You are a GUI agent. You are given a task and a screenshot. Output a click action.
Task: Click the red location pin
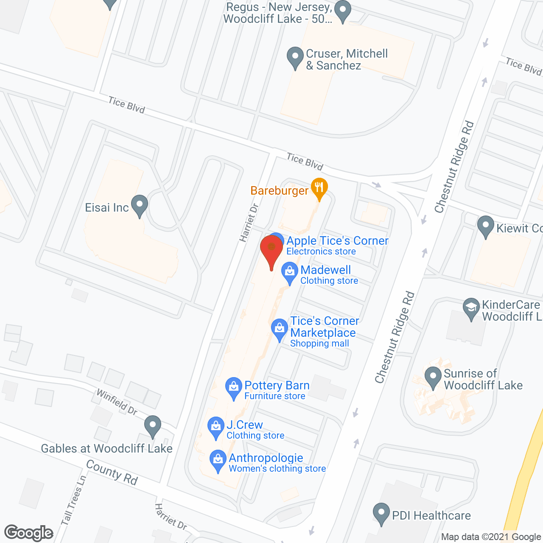coord(271,250)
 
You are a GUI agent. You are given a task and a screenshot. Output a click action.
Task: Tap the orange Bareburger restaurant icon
coord(319,188)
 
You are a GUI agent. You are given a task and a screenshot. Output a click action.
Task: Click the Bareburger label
coord(279,191)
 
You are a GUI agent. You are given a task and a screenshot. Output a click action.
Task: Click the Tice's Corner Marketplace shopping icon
coord(280,329)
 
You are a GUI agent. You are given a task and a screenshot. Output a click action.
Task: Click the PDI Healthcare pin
coord(381,513)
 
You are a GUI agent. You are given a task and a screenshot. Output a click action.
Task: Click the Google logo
coord(29,533)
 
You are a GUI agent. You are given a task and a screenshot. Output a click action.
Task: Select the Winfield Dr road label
coord(117,402)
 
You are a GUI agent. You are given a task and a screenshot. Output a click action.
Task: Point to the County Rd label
coord(112,472)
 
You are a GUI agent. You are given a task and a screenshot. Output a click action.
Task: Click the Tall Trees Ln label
coord(73,500)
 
